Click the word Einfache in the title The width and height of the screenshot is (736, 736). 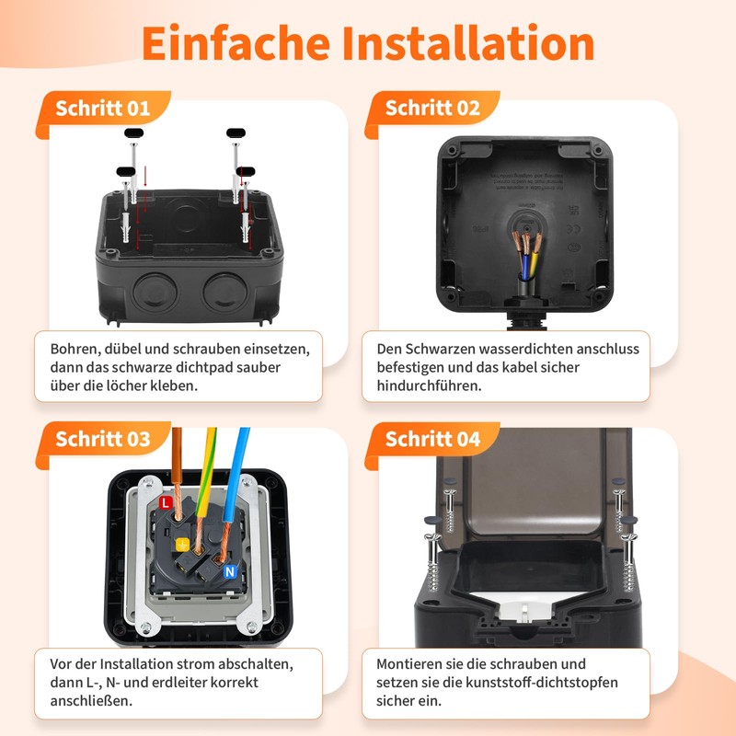click(236, 43)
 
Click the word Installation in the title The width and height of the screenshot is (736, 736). click(468, 43)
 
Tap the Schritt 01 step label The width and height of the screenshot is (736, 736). click(103, 109)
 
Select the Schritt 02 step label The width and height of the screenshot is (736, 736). click(432, 108)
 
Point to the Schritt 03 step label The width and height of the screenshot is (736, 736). click(103, 439)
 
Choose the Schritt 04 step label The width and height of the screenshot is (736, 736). click(432, 439)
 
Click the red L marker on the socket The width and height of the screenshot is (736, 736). click(165, 503)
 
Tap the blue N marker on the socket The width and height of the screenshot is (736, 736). click(230, 571)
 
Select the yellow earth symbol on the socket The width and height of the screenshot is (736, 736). click(182, 545)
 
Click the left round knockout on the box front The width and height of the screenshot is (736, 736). click(155, 292)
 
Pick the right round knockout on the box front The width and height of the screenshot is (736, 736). click(225, 292)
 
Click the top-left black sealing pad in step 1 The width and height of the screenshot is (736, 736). click(133, 132)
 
